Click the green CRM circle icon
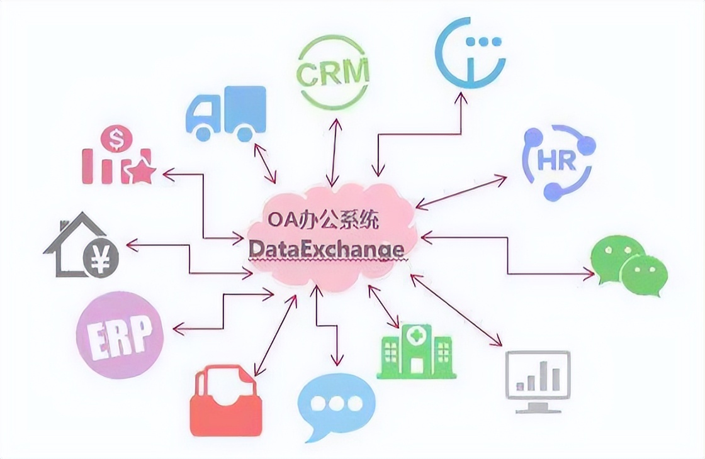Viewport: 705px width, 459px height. coord(332,72)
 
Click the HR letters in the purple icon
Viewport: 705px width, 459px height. coord(558,162)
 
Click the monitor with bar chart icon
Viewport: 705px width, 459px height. coord(538,380)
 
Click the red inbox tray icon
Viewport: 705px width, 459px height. coord(225,402)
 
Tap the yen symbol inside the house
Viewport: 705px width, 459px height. coord(98,258)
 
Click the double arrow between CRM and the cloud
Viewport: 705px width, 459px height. coord(334,149)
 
